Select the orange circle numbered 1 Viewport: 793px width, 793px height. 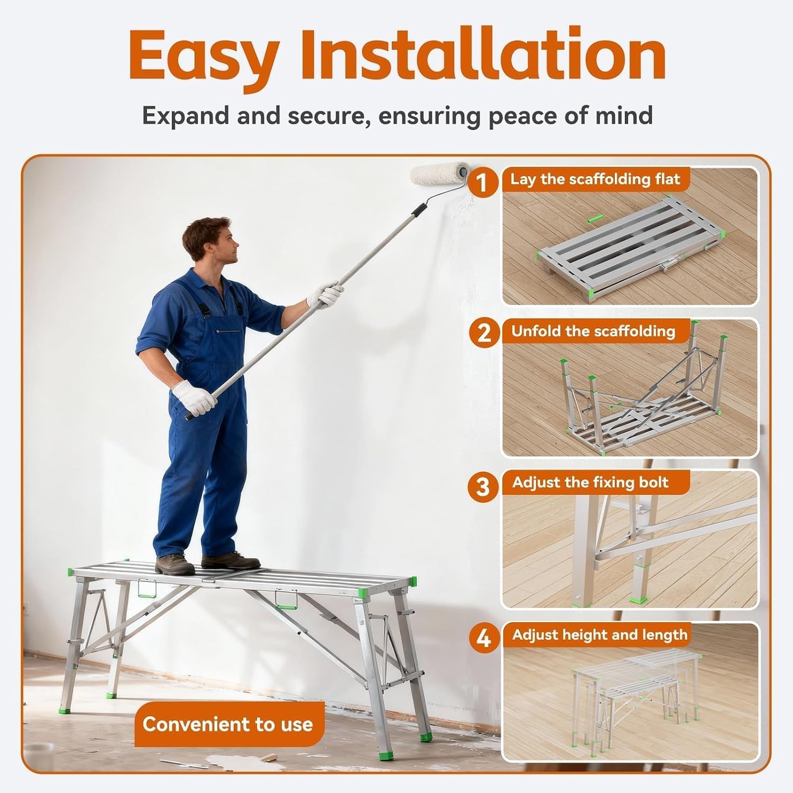pos(482,183)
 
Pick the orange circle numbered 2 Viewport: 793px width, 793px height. pos(484,334)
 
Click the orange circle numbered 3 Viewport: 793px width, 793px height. pos(483,486)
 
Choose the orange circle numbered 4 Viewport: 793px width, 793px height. pos(484,638)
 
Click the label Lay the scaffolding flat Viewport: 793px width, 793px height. pos(595,179)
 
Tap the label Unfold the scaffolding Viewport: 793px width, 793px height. pos(593,331)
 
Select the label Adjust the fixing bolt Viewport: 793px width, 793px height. pos(591,482)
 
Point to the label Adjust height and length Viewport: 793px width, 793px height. pos(600,634)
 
